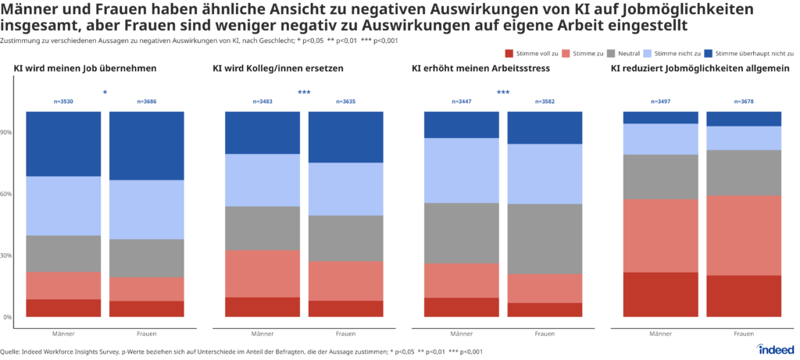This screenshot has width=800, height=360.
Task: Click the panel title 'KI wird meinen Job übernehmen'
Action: [85, 69]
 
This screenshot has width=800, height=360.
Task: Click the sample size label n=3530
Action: [63, 102]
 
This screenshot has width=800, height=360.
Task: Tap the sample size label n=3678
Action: [744, 102]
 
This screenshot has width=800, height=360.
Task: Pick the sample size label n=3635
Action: [346, 102]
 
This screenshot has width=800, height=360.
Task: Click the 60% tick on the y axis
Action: [7, 194]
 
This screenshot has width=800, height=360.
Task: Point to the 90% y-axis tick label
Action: [7, 132]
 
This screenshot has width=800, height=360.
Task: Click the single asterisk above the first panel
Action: [105, 93]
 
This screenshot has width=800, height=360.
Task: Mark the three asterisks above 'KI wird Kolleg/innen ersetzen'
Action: [304, 93]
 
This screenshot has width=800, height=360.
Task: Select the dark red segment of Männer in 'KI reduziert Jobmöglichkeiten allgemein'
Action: [660, 294]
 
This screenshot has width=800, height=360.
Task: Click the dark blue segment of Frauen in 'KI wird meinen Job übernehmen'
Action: [146, 145]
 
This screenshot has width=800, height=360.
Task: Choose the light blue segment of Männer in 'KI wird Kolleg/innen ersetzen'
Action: [262, 180]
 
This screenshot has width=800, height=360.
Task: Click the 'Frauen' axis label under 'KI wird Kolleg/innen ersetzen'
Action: [346, 333]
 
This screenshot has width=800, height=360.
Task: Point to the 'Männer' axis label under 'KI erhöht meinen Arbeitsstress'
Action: [461, 333]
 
